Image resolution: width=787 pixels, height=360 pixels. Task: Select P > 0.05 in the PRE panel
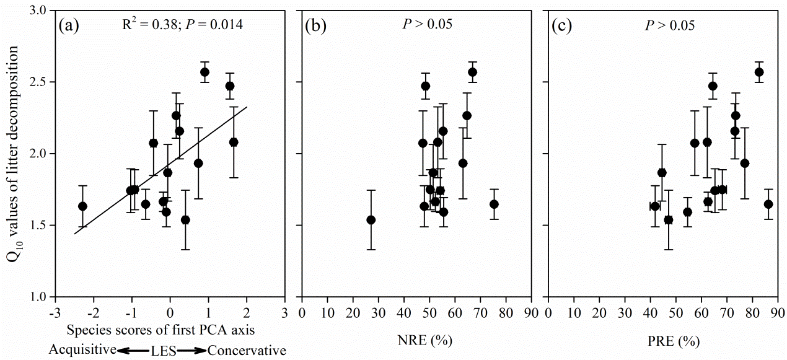[x=669, y=25]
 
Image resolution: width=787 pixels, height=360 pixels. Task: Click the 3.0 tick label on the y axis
[x=38, y=11]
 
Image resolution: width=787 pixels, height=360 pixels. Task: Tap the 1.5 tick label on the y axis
[x=38, y=225]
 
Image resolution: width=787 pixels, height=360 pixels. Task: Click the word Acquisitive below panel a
[x=82, y=351]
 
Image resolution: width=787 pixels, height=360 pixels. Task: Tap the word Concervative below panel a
[x=247, y=351]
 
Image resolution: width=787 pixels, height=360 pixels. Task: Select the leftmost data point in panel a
[x=82, y=206]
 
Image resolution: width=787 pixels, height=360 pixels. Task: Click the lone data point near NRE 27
[x=371, y=220]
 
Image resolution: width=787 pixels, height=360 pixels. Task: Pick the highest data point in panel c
[x=758, y=72]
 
